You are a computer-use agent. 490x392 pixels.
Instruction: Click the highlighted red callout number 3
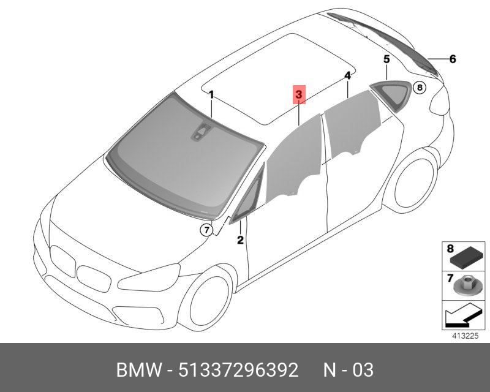pyautogui.click(x=299, y=94)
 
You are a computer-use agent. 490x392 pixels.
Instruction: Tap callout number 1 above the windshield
pyautogui.click(x=211, y=95)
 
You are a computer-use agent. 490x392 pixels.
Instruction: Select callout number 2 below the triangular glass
pyautogui.click(x=240, y=239)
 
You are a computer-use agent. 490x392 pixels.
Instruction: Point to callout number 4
pyautogui.click(x=347, y=76)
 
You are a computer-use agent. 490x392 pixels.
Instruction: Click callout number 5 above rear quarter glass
pyautogui.click(x=386, y=59)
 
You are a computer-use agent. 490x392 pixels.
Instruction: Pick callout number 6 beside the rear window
pyautogui.click(x=453, y=59)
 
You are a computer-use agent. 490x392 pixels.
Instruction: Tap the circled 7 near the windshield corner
pyautogui.click(x=206, y=230)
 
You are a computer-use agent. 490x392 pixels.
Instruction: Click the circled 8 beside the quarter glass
pyautogui.click(x=420, y=88)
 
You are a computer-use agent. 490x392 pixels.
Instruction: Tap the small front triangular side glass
pyautogui.click(x=248, y=197)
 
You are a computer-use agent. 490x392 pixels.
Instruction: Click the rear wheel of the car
pyautogui.click(x=415, y=183)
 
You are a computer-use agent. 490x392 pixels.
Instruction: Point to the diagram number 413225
pyautogui.click(x=465, y=336)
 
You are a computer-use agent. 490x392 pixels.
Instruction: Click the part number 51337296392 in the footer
pyautogui.click(x=238, y=370)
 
